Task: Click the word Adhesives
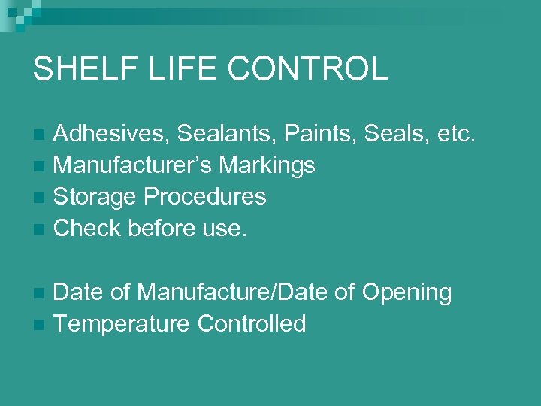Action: coord(113,134)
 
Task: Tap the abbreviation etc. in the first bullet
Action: coord(455,134)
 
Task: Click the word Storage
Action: coord(95,196)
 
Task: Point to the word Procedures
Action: coord(205,196)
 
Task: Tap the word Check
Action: coord(88,228)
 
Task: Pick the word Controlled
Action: coord(252,323)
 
